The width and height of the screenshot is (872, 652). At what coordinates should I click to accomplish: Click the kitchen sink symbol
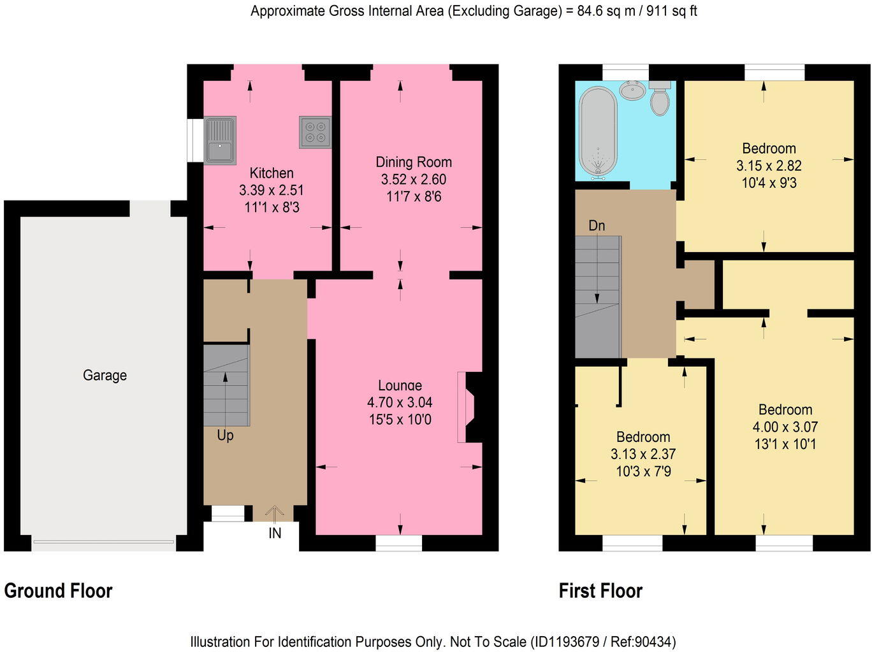(x=220, y=140)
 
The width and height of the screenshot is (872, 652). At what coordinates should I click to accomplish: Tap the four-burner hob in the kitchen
(x=315, y=132)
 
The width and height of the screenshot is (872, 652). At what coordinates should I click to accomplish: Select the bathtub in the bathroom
(x=598, y=131)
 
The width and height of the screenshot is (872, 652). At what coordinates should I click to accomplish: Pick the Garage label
(x=105, y=375)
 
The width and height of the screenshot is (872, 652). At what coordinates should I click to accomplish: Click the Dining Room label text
(x=413, y=162)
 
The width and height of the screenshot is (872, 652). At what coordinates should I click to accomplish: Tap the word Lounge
(x=400, y=385)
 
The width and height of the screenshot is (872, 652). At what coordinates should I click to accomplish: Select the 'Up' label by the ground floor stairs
(x=225, y=436)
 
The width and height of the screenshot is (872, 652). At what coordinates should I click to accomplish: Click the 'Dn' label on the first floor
(x=597, y=225)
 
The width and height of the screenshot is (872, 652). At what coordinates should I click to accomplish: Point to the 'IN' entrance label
(x=275, y=533)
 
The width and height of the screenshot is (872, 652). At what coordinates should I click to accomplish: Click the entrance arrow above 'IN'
(x=275, y=513)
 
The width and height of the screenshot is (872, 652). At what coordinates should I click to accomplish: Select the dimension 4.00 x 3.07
(x=785, y=427)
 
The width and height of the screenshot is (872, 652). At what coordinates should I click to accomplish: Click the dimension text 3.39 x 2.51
(x=272, y=190)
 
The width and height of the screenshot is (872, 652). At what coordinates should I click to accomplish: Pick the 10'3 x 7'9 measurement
(x=643, y=472)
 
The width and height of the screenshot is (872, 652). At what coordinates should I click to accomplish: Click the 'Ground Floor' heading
(x=58, y=591)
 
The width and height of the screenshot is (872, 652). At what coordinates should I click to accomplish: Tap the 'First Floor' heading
(x=600, y=591)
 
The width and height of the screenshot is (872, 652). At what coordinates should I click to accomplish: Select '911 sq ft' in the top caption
(x=671, y=11)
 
